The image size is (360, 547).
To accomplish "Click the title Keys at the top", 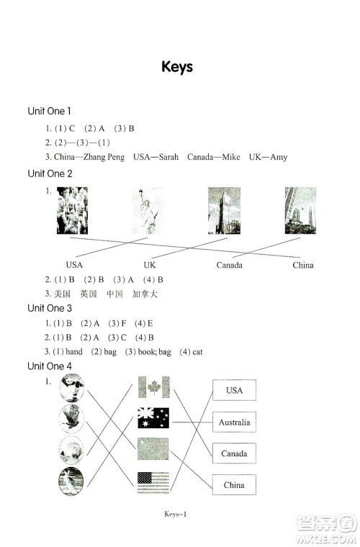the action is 177,67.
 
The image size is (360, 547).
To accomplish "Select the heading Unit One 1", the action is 49,112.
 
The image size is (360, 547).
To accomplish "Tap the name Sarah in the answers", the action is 168,157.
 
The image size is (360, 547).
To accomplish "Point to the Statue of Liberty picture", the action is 148,211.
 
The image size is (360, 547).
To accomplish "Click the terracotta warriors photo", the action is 72,210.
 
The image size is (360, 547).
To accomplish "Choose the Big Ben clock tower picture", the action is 225,210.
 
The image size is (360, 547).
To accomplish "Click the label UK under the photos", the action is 150,265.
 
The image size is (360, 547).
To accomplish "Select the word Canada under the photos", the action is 229,265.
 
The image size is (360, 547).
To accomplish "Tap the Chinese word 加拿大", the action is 145,294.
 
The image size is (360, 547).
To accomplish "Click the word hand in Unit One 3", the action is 74,352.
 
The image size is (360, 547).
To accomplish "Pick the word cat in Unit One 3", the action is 197,352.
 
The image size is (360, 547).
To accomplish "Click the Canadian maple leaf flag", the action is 153,387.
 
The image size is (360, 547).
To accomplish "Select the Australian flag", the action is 153,417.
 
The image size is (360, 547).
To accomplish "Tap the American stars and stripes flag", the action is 153,482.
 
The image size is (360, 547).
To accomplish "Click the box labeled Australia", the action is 234,422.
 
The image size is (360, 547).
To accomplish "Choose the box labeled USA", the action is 234,390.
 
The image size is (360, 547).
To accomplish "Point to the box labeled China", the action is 234,484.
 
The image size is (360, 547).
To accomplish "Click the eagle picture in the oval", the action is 71,419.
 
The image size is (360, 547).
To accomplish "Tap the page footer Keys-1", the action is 176,514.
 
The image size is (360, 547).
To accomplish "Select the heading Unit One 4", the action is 50,366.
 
